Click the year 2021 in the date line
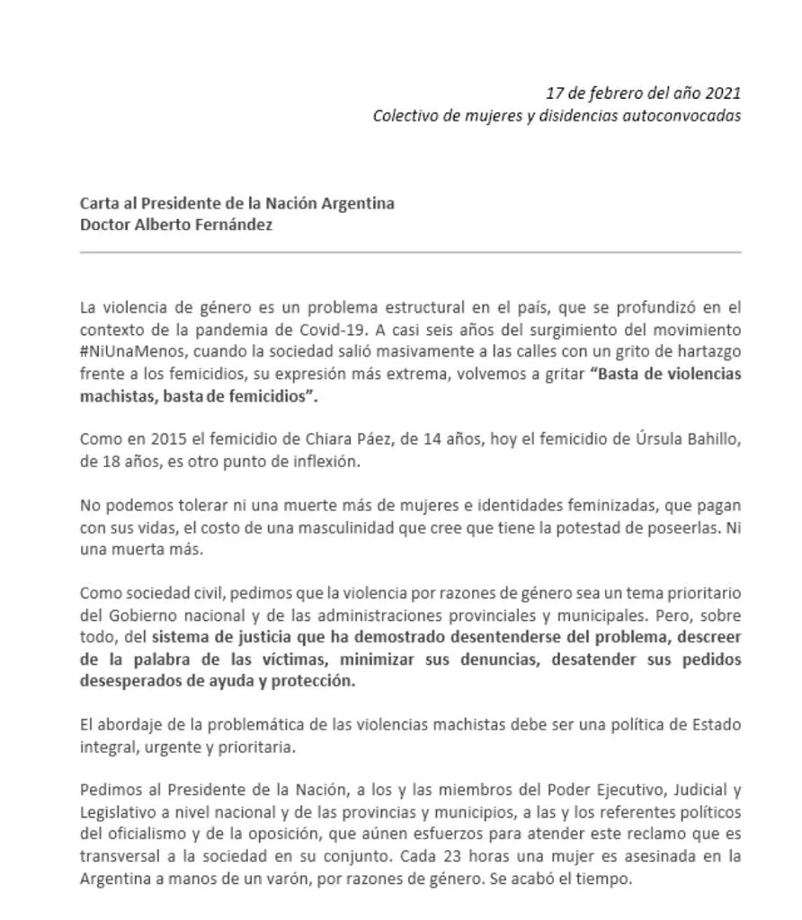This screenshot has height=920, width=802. click(723, 93)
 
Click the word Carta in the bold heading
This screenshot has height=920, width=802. click(99, 203)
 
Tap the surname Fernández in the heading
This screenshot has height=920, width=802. click(236, 225)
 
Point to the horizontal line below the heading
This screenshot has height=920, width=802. click(410, 252)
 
